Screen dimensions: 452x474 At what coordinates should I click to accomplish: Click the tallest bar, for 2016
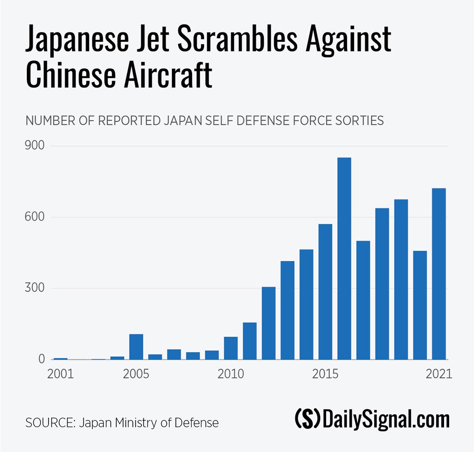click(x=344, y=258)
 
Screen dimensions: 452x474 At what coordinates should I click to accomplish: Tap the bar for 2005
click(x=136, y=347)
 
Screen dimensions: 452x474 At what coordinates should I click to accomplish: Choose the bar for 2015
click(x=325, y=292)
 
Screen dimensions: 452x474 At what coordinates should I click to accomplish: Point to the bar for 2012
click(x=269, y=323)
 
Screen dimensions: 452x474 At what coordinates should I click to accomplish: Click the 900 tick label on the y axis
click(x=35, y=146)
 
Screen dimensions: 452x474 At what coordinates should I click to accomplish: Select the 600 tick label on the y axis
click(x=35, y=217)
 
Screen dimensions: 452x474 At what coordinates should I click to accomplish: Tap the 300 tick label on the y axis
click(x=35, y=288)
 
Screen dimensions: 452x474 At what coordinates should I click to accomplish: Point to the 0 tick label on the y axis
click(x=41, y=359)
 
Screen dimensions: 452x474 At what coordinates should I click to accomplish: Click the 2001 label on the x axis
click(x=60, y=374)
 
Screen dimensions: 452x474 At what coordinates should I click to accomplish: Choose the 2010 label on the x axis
click(x=231, y=374)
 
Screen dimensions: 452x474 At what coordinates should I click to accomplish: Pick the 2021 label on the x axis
click(x=438, y=374)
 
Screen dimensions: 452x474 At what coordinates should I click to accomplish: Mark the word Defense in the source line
click(x=196, y=423)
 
